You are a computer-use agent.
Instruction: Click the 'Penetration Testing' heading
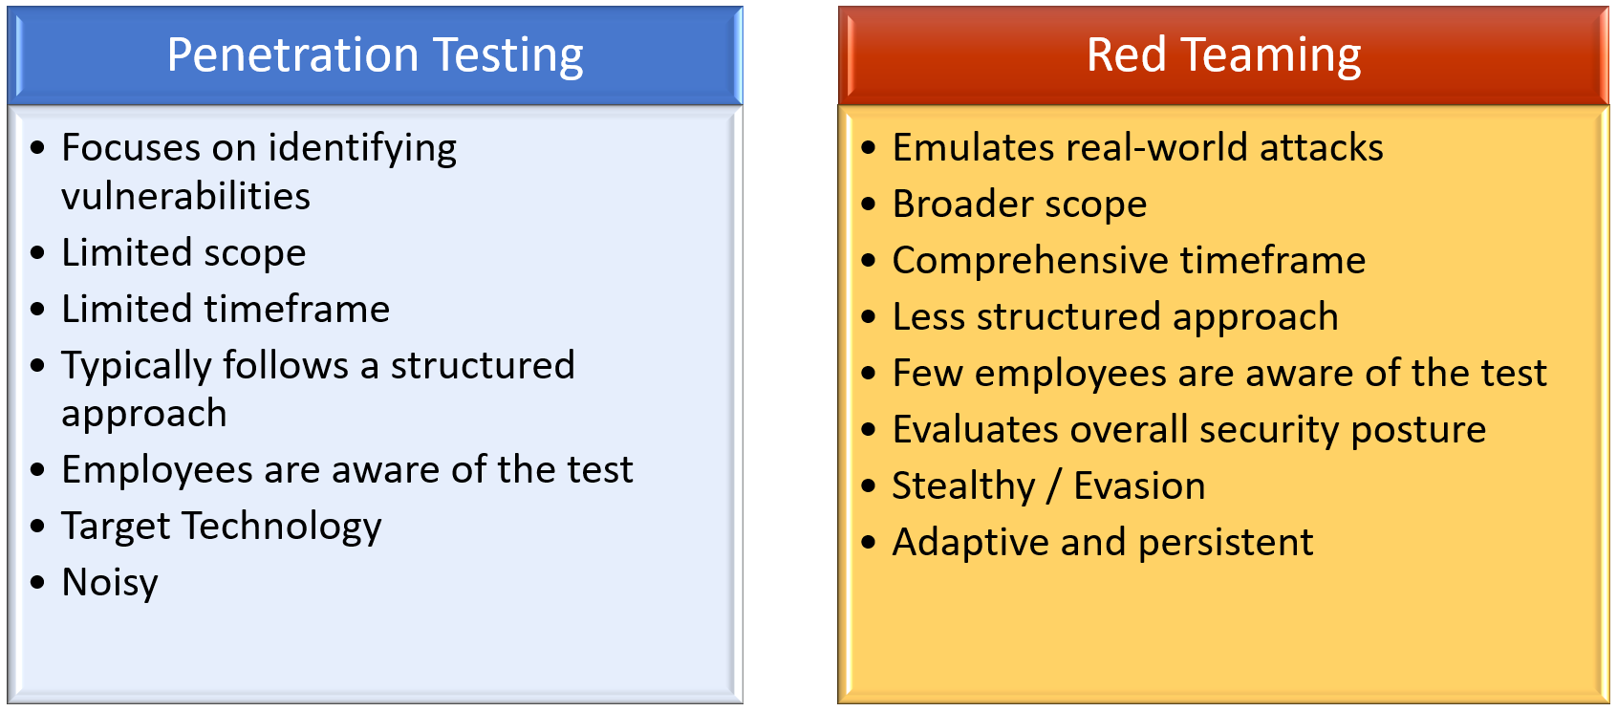[375, 55]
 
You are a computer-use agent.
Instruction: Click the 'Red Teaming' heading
[1223, 55]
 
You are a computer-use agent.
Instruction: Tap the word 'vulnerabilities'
[185, 196]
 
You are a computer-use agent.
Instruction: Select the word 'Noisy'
[110, 583]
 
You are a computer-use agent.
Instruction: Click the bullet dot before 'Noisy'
[38, 583]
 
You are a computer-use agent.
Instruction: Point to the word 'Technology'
[282, 527]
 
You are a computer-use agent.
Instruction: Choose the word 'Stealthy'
[963, 485]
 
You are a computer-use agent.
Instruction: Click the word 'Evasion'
[1139, 485]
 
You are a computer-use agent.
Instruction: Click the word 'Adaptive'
[970, 542]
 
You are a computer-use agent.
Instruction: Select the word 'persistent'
[1226, 542]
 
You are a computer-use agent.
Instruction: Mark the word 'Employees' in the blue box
[157, 470]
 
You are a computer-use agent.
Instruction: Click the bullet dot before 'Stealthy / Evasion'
[869, 485]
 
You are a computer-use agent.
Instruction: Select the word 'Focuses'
[131, 148]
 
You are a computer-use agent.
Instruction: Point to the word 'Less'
[928, 317]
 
